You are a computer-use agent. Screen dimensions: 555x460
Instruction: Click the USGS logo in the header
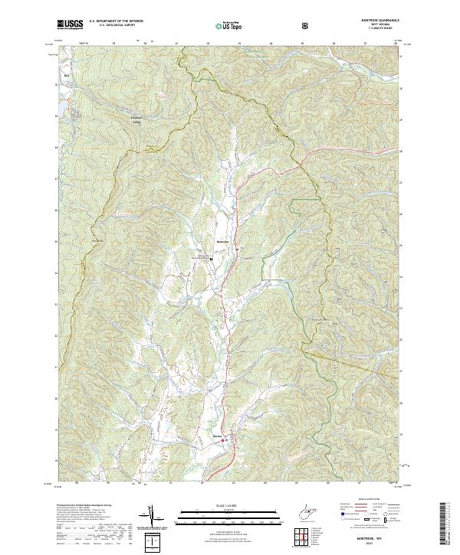pos(71,24)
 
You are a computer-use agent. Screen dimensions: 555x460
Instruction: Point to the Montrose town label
pos(224,242)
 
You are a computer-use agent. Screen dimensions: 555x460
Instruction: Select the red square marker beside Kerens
pos(225,440)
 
